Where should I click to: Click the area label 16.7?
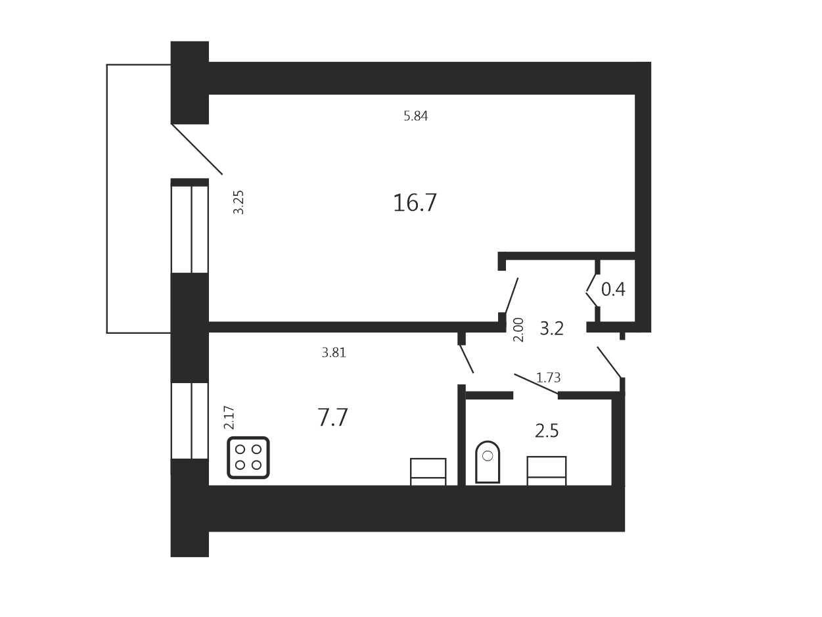[415, 202]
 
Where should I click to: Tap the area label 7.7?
[332, 417]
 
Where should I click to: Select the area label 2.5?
[547, 431]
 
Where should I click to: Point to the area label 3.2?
[551, 329]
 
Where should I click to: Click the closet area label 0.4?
[613, 289]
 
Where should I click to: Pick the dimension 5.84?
[415, 116]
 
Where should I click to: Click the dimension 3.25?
[239, 202]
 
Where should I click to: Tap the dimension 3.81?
[334, 352]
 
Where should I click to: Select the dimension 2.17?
[229, 417]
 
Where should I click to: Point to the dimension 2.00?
[518, 330]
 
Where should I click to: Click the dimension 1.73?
[548, 378]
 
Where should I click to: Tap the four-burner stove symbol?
[248, 457]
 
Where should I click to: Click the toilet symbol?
[488, 462]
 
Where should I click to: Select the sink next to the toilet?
[547, 471]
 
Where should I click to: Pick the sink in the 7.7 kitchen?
[428, 472]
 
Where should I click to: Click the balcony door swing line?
[196, 149]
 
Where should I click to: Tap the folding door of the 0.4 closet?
[591, 291]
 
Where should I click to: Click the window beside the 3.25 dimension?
[190, 229]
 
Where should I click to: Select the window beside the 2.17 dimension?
[190, 421]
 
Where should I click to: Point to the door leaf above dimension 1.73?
[536, 384]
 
